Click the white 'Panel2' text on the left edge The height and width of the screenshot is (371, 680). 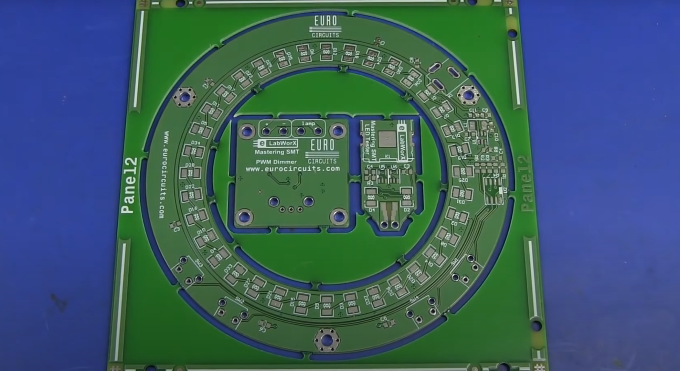129,185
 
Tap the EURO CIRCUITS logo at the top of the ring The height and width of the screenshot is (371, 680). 326,26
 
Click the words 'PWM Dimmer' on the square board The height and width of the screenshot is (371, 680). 276,162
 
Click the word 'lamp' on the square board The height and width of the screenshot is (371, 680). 308,124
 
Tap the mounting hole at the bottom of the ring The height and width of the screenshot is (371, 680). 326,340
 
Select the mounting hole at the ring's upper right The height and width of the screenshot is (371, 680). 468,94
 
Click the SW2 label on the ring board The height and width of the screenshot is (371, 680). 239,301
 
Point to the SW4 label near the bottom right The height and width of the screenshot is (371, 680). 414,299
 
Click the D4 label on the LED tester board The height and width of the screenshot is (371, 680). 372,210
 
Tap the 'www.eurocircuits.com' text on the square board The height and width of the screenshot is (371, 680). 292,169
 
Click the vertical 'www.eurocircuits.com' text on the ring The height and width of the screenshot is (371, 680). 164,174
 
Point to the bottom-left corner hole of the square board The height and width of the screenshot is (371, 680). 245,217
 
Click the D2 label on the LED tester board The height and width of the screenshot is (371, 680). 407,210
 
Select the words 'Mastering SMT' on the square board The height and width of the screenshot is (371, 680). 277,152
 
